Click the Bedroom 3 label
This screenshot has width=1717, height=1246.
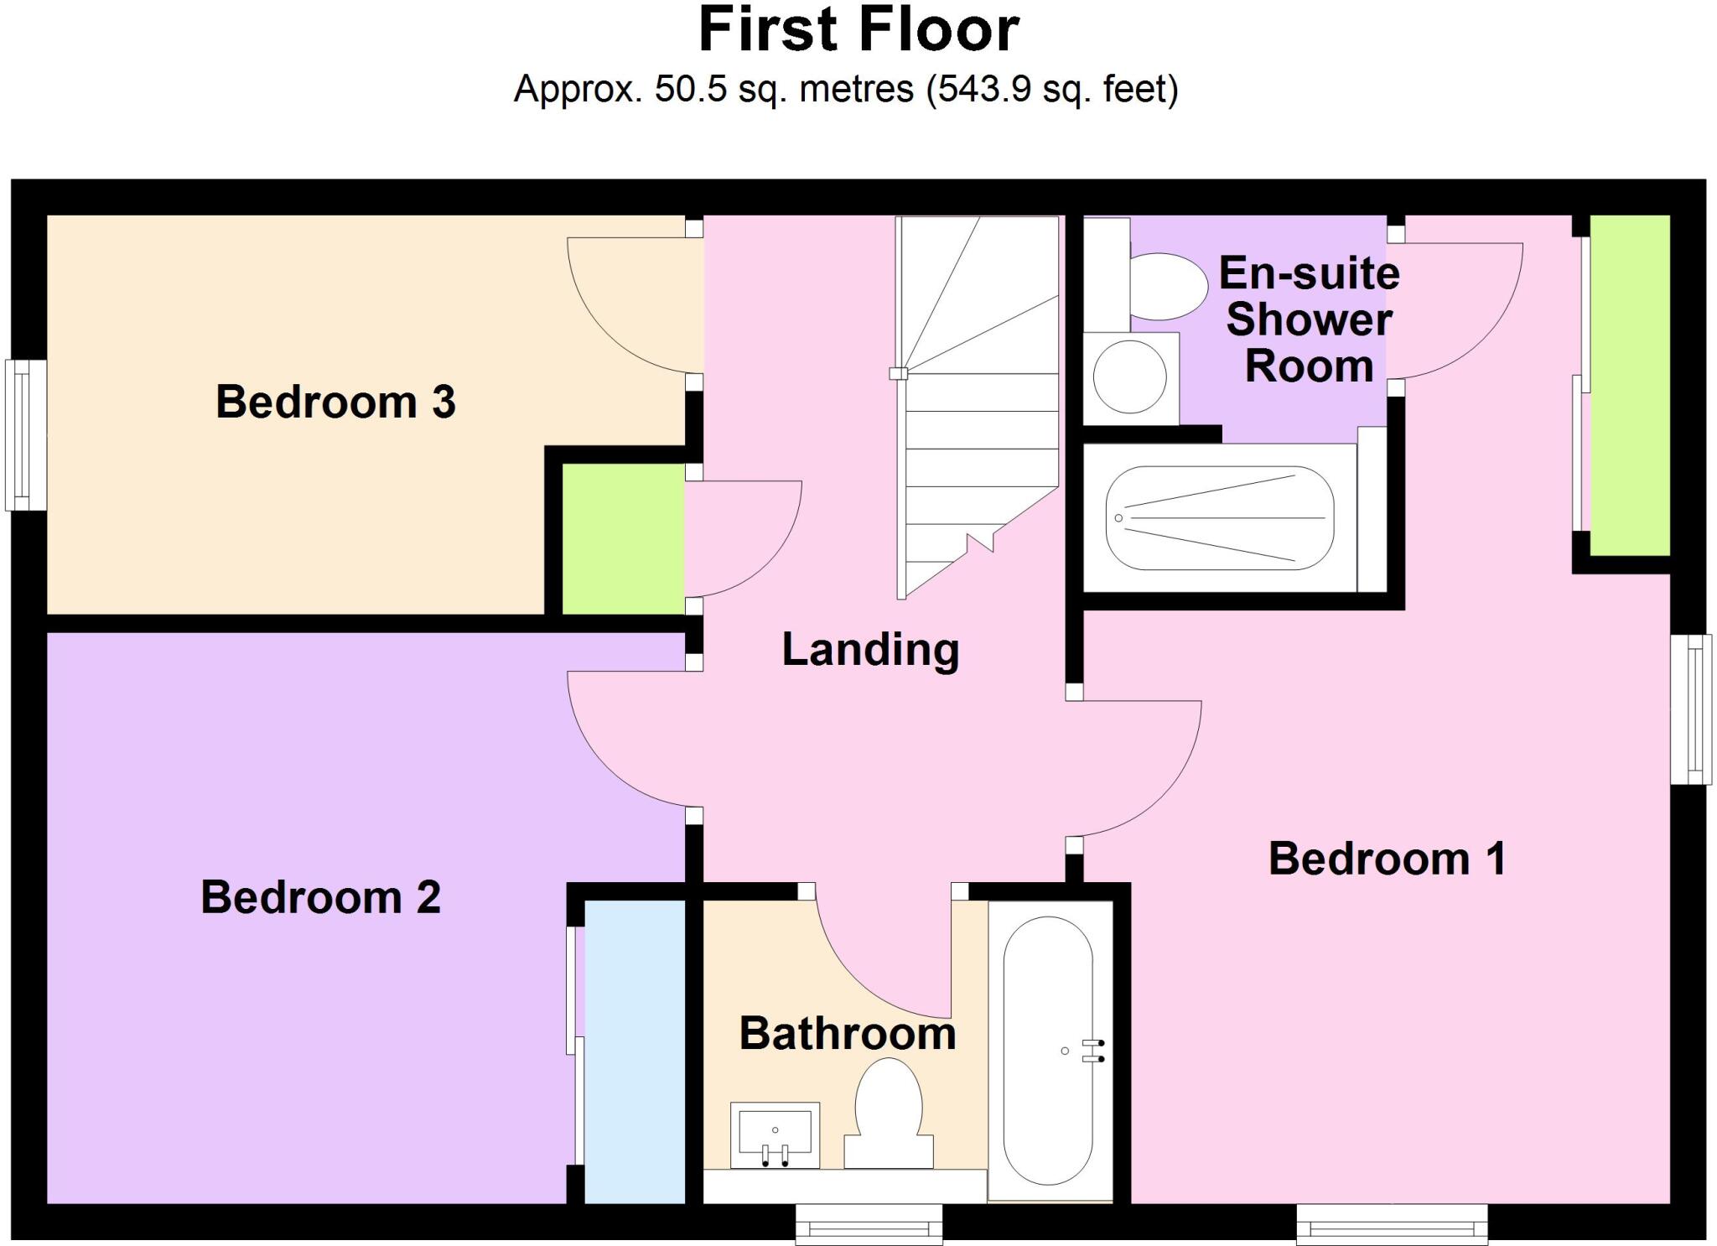pos(335,402)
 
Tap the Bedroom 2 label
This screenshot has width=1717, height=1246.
pos(320,897)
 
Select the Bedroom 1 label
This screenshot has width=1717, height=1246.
pos(1387,859)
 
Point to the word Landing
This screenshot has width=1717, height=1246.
pos(870,650)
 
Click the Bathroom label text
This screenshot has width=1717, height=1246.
pos(847,1033)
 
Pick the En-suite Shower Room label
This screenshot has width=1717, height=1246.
pos(1308,319)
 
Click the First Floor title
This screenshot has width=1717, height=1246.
pos(858,30)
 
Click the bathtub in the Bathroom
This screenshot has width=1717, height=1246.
pos(1048,1050)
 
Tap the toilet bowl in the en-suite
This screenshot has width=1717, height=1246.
pos(1167,288)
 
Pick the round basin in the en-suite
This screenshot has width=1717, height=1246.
pos(1129,376)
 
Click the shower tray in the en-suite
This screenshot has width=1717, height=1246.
pos(1219,518)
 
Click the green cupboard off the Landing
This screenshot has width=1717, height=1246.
pos(622,538)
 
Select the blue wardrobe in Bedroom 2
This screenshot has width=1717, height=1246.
pos(634,1052)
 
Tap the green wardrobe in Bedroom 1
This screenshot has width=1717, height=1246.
pos(1629,386)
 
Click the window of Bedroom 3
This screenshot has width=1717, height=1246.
pos(25,435)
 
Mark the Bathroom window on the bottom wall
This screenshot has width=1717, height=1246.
pos(869,1224)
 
